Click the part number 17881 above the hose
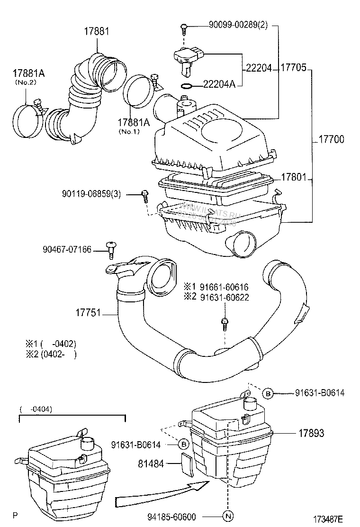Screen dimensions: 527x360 (97, 32)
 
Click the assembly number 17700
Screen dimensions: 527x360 (331, 140)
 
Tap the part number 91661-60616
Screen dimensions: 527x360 (224, 287)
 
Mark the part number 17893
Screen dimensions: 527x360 (312, 434)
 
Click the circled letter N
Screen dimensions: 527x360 (228, 517)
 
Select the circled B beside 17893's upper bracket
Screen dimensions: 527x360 (268, 393)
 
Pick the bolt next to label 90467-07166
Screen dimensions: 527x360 (112, 249)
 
